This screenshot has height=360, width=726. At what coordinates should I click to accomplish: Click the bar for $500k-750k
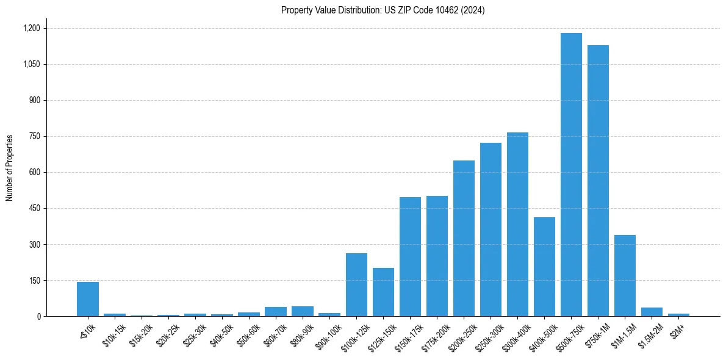tap(571, 175)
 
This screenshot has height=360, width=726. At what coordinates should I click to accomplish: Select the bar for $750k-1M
tap(598, 181)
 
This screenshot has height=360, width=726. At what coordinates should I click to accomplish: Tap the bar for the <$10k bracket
tap(88, 299)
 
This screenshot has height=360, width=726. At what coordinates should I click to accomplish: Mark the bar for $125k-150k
tap(383, 292)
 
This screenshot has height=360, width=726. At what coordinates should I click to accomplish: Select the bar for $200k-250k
tap(464, 239)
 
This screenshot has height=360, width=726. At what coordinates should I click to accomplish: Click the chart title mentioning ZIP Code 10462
tap(383, 10)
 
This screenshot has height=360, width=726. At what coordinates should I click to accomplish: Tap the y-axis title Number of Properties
tap(9, 168)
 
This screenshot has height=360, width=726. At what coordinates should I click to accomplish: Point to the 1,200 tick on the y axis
tap(31, 28)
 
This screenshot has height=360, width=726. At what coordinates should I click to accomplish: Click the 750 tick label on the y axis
tap(34, 136)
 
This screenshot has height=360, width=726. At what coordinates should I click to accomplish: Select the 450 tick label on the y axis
tap(34, 208)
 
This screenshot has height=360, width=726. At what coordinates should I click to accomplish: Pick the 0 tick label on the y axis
tap(38, 316)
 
